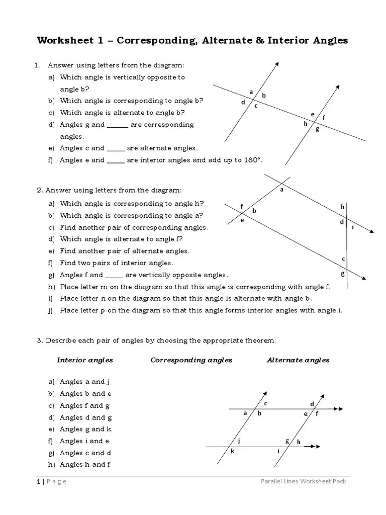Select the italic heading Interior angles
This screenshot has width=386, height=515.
coord(85,360)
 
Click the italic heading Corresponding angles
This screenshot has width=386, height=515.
coord(191,360)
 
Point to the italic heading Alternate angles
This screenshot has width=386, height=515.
coord(298,360)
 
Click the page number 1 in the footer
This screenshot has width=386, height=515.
coord(38,481)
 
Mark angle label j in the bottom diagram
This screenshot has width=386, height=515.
coord(239,441)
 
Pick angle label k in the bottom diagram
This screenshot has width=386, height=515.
coord(232,451)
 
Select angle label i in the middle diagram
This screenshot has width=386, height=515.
coord(353,227)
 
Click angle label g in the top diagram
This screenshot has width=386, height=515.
coord(317,129)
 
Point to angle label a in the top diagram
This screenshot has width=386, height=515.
coord(251,92)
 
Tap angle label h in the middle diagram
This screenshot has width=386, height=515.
coord(343,207)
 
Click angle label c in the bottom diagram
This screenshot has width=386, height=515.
coord(266,403)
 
